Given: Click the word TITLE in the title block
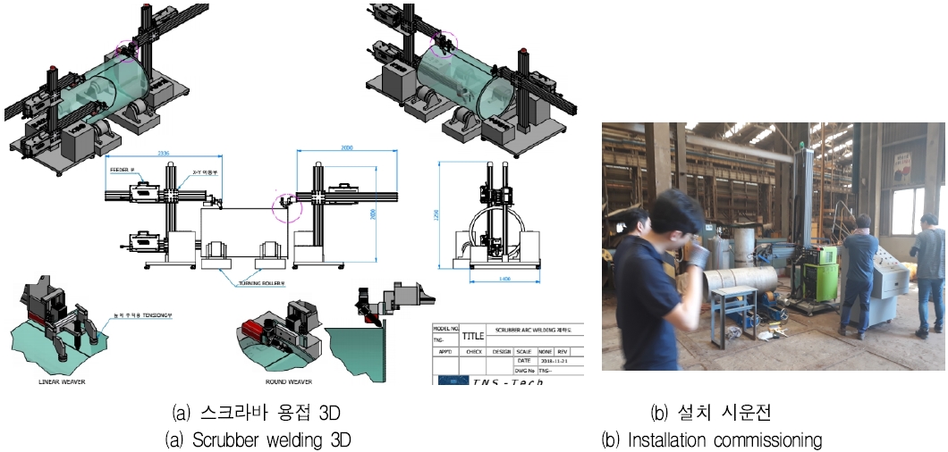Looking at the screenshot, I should (474, 338).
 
